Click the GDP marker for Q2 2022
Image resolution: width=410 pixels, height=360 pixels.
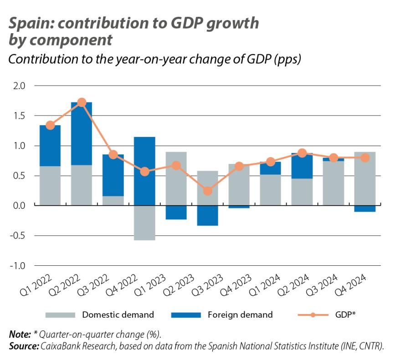pos(82,102)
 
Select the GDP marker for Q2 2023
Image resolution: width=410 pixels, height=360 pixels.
pos(207,191)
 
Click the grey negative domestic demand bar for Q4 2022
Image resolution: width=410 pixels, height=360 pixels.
pos(144,223)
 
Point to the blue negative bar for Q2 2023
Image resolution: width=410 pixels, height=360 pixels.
pos(207,215)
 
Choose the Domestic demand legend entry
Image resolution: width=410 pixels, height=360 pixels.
pos(118,314)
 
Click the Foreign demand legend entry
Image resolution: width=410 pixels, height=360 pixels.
pos(240,314)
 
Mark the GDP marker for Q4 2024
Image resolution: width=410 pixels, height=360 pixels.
pos(364,158)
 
